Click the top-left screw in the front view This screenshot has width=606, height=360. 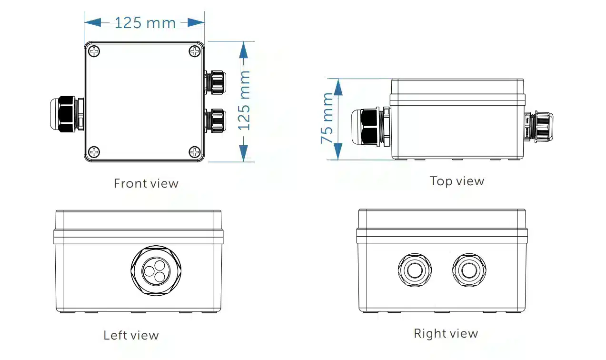coord(94,51)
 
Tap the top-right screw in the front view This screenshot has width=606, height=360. coord(195,51)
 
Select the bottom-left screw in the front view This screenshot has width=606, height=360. coord(94,152)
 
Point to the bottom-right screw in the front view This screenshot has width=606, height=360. coord(195,152)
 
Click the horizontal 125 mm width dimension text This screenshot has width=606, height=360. coord(145,23)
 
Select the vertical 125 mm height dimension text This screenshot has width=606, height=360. coord(244,100)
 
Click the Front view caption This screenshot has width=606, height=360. coord(146,183)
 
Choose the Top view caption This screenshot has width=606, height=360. coord(457,181)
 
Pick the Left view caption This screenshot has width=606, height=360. coord(131,335)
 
